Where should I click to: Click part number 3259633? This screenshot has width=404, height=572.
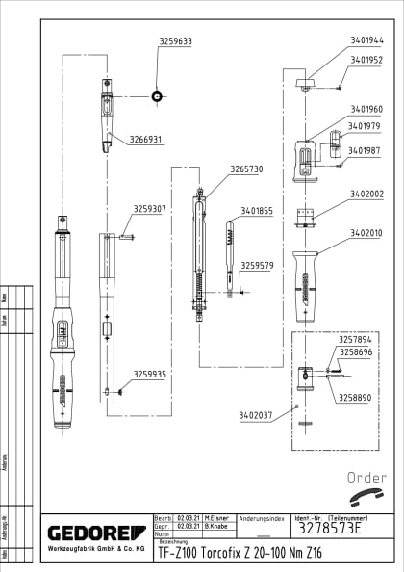[x=175, y=41]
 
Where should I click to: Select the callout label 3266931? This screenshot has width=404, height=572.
[x=146, y=140]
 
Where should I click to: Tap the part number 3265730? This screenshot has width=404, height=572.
[x=245, y=169]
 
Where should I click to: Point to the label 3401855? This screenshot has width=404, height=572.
[x=257, y=211]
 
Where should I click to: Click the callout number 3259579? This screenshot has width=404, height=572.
[x=257, y=266]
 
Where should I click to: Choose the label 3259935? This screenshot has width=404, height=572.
[x=149, y=375]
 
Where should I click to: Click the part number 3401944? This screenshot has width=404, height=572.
[x=366, y=40]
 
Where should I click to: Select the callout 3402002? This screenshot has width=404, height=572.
[x=366, y=194]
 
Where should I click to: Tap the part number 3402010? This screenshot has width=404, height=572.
[x=366, y=233]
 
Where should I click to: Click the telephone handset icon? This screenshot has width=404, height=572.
[x=366, y=498]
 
